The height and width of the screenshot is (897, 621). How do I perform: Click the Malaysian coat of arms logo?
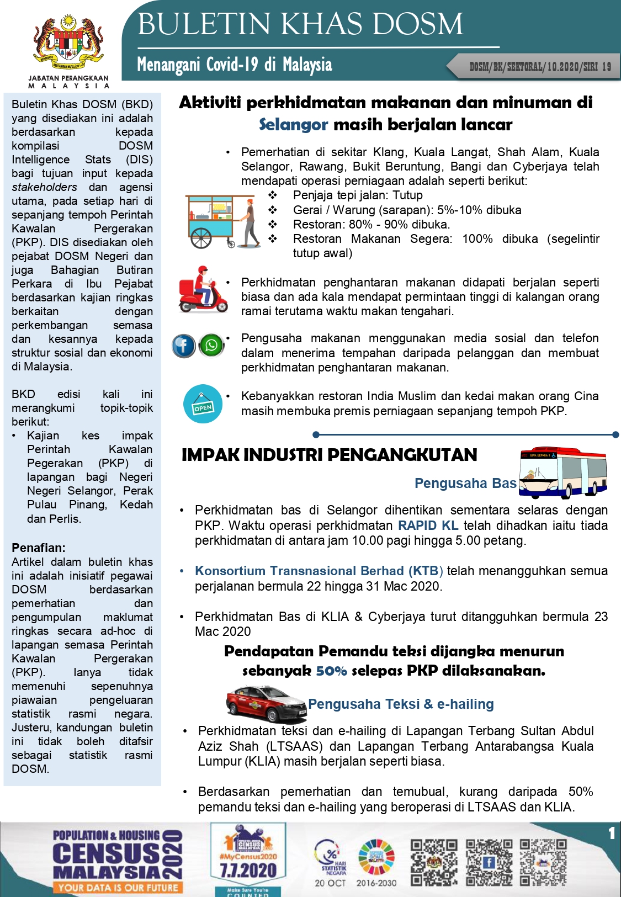(x=68, y=41)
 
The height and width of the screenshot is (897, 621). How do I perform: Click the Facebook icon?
(x=183, y=346)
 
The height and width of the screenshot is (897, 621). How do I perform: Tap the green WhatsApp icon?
(x=211, y=346)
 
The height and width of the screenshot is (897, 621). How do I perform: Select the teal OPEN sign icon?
(x=203, y=404)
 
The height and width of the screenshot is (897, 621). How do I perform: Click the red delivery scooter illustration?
(x=203, y=290)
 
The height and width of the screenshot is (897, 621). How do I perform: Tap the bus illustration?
(x=563, y=472)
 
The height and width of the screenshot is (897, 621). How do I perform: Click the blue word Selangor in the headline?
(x=293, y=125)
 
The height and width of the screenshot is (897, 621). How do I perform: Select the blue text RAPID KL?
(x=428, y=526)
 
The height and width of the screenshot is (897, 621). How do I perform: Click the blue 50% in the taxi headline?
(x=331, y=671)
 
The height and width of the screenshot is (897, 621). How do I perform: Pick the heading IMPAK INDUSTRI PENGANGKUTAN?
(x=329, y=455)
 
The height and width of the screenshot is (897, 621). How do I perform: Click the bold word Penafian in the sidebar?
(x=39, y=548)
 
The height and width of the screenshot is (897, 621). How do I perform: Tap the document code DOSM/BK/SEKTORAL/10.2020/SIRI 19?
(x=540, y=67)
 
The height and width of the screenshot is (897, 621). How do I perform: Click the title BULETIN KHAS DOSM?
(x=300, y=24)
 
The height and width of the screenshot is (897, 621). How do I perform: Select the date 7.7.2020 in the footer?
(x=248, y=871)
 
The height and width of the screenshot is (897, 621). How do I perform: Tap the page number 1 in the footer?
(x=611, y=833)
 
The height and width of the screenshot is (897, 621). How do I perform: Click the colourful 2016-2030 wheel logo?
(x=376, y=857)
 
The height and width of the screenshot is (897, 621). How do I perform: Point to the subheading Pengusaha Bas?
(x=465, y=484)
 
